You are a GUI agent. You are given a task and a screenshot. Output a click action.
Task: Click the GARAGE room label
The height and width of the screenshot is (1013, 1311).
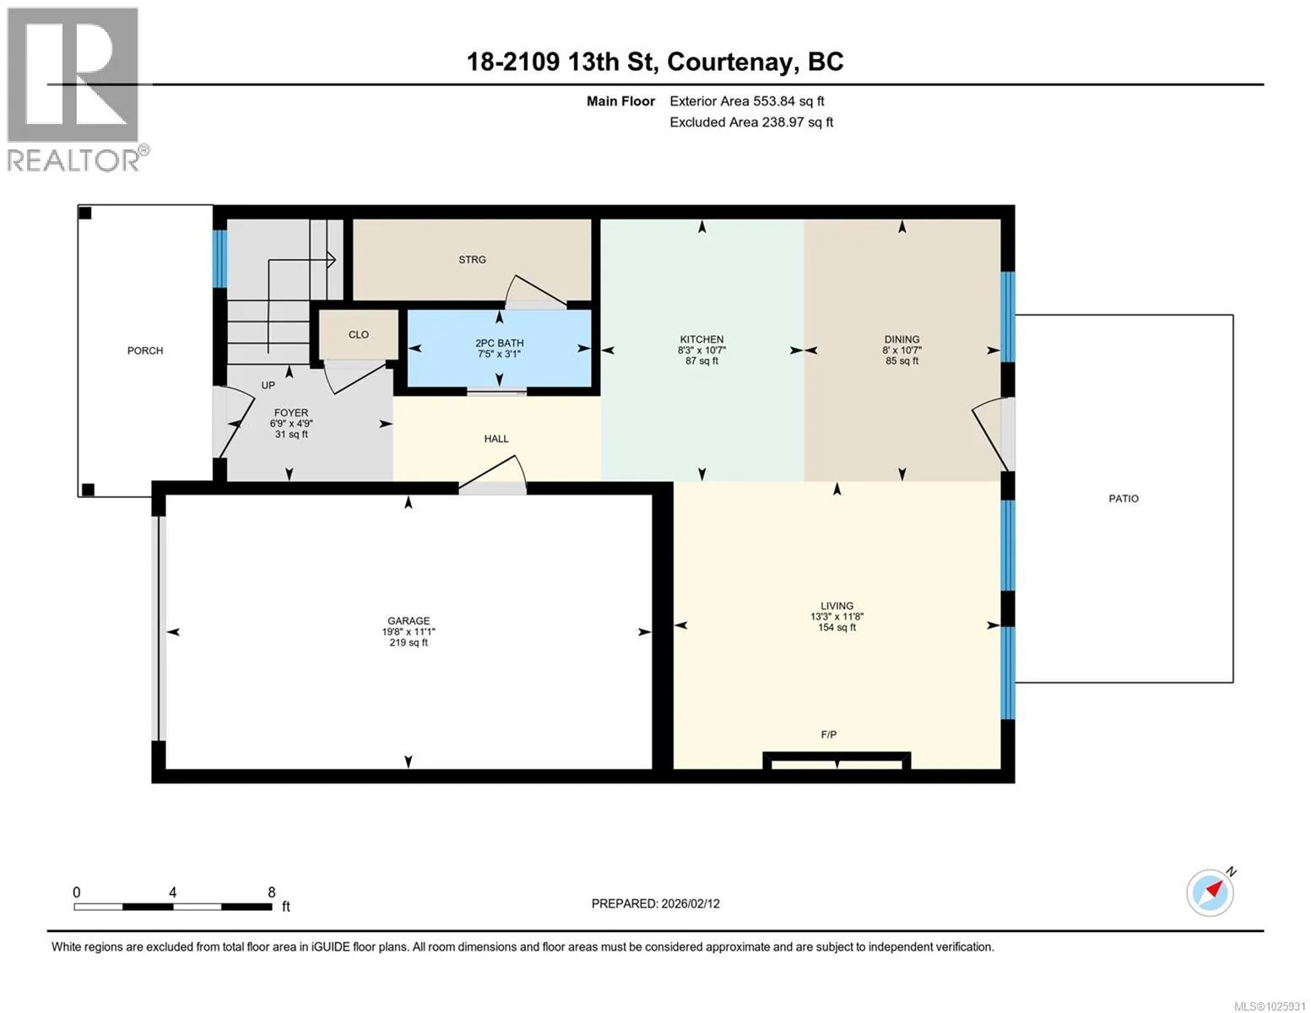tap(409, 620)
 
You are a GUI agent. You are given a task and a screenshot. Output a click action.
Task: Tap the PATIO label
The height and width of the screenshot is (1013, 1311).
tap(1124, 498)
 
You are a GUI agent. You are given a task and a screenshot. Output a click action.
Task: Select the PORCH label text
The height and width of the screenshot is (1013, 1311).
tap(145, 350)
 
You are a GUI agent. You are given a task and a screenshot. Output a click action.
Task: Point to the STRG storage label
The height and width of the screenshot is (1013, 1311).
tap(472, 259)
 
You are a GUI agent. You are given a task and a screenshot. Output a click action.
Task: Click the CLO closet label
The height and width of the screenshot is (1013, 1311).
tap(359, 334)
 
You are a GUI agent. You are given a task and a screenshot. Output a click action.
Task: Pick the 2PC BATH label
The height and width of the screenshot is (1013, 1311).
tap(499, 344)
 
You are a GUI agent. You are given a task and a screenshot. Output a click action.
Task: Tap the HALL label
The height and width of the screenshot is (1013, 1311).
tap(496, 439)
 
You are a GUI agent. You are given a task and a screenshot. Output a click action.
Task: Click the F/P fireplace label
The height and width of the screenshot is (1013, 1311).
tap(828, 734)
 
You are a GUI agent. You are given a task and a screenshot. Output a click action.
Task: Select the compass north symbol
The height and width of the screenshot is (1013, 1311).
tap(1211, 892)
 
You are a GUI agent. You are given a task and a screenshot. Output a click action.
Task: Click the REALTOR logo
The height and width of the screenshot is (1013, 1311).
tap(75, 89)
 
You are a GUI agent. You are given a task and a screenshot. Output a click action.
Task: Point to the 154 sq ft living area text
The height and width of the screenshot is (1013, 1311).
tap(837, 627)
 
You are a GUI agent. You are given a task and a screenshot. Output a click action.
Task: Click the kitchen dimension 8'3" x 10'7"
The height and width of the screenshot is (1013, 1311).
tap(702, 350)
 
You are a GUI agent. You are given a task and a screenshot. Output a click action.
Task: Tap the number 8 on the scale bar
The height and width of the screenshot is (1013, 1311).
tap(272, 892)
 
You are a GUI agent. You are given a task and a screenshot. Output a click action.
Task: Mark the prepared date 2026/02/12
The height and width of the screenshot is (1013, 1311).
tap(691, 904)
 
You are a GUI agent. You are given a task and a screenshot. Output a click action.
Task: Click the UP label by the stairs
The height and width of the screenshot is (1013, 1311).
tap(268, 385)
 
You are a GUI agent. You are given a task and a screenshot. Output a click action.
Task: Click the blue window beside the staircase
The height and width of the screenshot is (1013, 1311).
tap(219, 259)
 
